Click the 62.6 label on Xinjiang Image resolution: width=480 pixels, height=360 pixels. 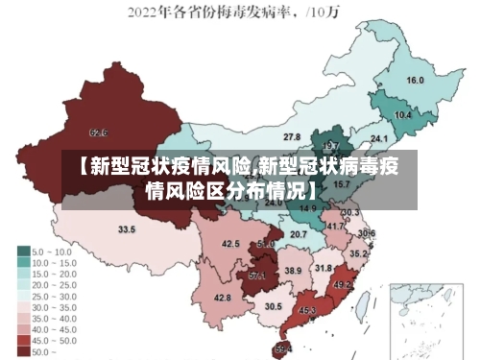point(98,132)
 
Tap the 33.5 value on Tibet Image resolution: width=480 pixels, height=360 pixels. point(126,229)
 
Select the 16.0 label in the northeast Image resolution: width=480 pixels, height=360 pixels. point(415,80)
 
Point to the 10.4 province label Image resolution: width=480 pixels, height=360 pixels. point(403,115)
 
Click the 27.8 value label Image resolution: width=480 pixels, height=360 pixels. point(292,136)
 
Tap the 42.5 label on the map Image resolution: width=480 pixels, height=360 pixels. point(230,244)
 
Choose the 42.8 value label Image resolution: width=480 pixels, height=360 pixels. point(222,299)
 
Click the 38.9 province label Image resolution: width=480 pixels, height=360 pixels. point(293,272)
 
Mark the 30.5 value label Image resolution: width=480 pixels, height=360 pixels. point(274,306)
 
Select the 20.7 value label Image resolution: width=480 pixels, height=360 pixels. point(299,233)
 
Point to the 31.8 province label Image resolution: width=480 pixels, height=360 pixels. point(324,268)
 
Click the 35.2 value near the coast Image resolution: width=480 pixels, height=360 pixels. point(358,253)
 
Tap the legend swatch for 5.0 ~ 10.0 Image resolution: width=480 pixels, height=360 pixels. point(23,252)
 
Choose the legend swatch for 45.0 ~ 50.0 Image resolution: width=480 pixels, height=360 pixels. point(23,341)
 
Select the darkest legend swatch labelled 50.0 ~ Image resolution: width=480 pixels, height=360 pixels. point(23,351)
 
